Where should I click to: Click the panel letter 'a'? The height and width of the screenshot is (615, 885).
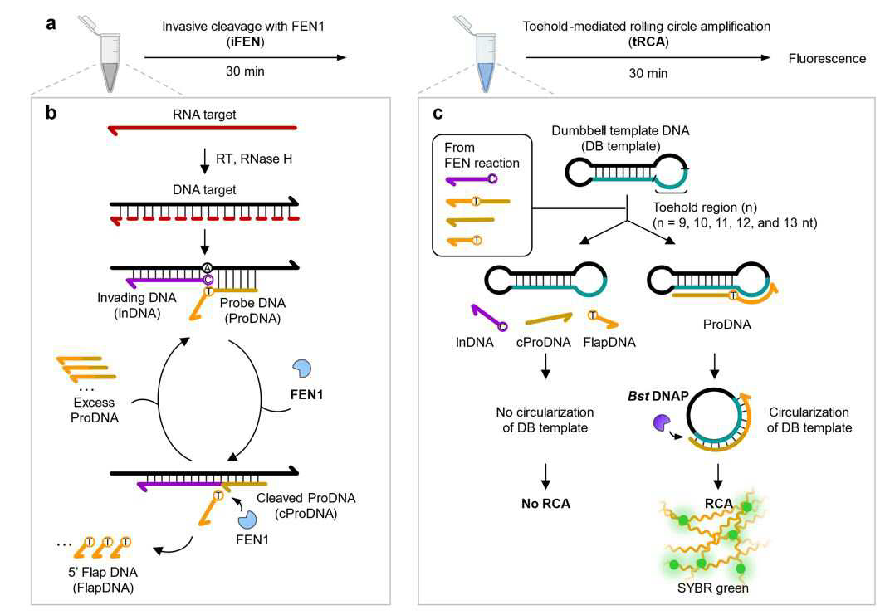(x=51, y=24)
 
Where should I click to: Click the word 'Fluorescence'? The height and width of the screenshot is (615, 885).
(x=827, y=59)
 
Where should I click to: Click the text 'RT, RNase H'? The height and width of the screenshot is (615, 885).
(x=254, y=159)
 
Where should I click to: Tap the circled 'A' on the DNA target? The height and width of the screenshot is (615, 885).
(x=208, y=267)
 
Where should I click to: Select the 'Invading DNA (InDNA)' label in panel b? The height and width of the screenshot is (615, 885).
(x=137, y=305)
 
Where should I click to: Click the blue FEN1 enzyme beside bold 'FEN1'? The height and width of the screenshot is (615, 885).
(x=302, y=369)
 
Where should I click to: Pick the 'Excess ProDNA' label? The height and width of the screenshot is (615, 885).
(x=95, y=410)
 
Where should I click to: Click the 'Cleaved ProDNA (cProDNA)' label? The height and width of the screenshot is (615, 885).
(x=306, y=505)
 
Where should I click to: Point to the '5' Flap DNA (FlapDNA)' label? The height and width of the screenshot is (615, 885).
(x=103, y=580)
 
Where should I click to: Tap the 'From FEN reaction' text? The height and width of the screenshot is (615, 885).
(x=482, y=155)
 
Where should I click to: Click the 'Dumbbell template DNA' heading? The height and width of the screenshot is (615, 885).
(x=620, y=131)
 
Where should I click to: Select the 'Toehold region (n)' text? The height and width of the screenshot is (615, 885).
(x=705, y=207)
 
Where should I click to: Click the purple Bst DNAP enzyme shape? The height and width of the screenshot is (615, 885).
(x=662, y=422)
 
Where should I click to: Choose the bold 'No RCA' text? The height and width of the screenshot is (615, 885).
(x=545, y=504)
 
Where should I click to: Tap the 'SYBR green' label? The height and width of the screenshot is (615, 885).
(x=713, y=588)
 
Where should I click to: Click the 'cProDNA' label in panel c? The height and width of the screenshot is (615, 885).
(x=544, y=343)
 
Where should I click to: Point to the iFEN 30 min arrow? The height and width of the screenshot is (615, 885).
(x=245, y=57)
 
